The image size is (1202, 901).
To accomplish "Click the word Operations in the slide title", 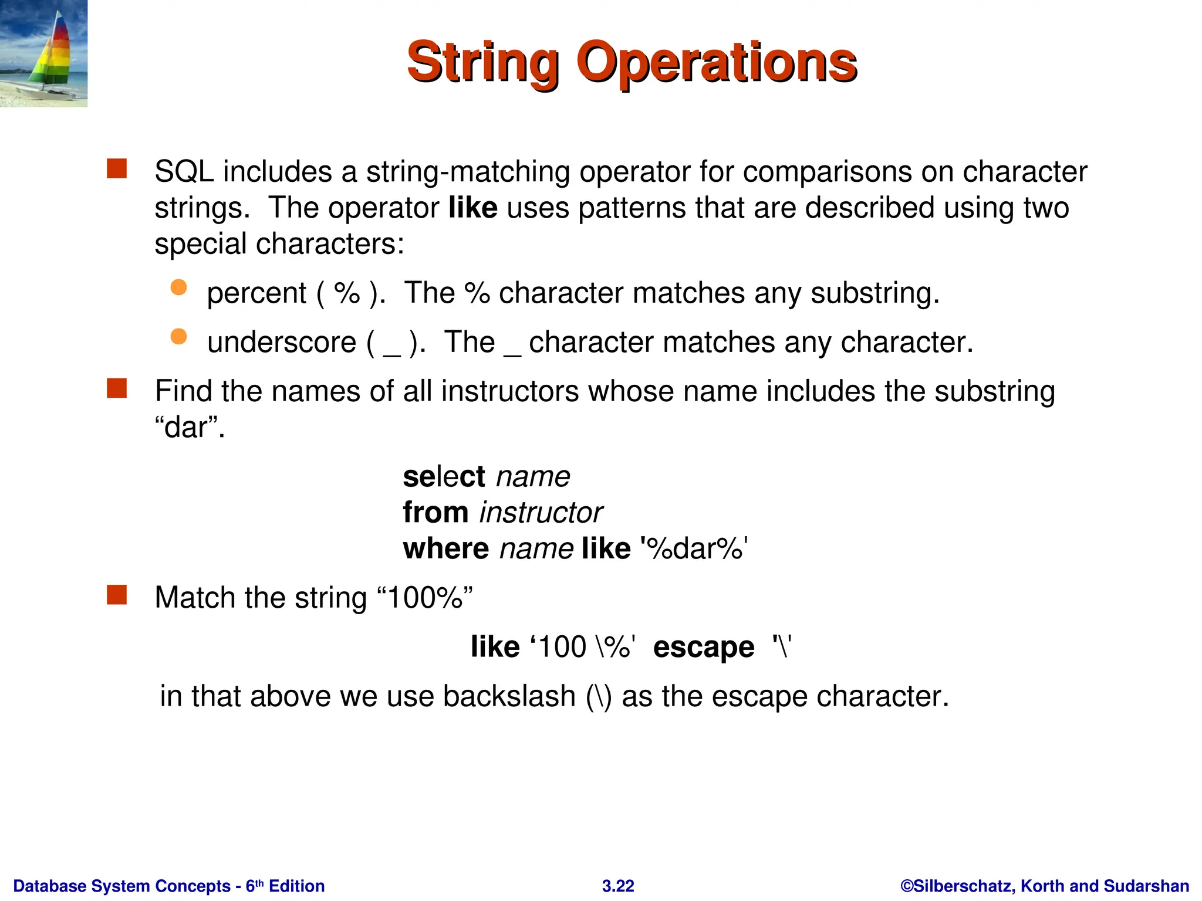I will click(x=717, y=63).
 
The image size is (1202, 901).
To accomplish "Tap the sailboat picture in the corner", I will click(x=43, y=53).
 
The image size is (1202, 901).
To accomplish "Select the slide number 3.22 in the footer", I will click(x=618, y=886).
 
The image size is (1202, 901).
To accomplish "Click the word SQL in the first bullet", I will click(x=184, y=172).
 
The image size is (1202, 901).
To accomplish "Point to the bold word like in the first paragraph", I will click(x=473, y=208).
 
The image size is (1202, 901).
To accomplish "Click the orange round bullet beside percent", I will click(x=178, y=287).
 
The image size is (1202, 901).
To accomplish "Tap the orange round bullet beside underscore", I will click(x=178, y=337).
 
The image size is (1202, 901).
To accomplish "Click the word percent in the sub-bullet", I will click(x=256, y=293).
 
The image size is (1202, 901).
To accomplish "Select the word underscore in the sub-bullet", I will click(x=282, y=342).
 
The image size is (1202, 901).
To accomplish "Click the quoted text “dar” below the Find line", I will click(x=190, y=427).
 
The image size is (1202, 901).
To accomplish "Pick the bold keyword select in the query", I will click(x=444, y=476).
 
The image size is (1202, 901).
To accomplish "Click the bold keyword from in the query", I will click(x=435, y=513).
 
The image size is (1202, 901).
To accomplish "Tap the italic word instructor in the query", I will click(x=541, y=513).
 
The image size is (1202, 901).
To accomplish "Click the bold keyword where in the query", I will click(x=445, y=549).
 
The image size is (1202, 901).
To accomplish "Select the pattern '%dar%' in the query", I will click(x=694, y=549).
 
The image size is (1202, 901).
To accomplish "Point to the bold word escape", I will click(x=704, y=647).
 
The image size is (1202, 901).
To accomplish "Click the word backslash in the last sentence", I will click(x=509, y=697).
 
